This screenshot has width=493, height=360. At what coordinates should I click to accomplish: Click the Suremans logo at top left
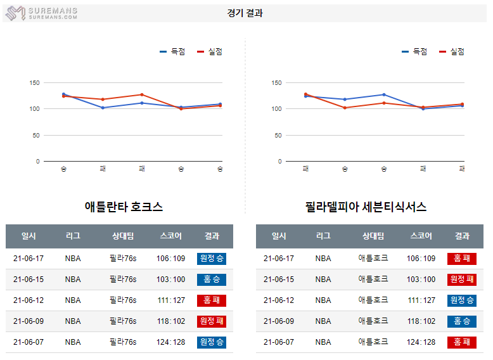pyautogui.click(x=41, y=13)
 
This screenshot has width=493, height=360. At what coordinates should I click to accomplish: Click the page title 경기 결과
pyautogui.click(x=245, y=13)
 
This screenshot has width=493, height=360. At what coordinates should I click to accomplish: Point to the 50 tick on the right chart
pyautogui.click(x=277, y=136)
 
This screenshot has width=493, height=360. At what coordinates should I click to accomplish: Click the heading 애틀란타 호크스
pyautogui.click(x=124, y=207)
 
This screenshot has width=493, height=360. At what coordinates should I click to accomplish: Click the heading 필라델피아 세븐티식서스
pyautogui.click(x=365, y=207)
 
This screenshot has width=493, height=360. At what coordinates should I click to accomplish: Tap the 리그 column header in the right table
pyautogui.click(x=323, y=236)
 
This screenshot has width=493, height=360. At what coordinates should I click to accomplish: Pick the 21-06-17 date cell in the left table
pyautogui.click(x=29, y=259)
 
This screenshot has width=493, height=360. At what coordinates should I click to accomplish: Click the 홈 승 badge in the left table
pyautogui.click(x=212, y=280)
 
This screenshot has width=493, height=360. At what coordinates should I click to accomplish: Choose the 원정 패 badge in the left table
pyautogui.click(x=212, y=321)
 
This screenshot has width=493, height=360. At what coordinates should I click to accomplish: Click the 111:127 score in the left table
pyautogui.click(x=171, y=300)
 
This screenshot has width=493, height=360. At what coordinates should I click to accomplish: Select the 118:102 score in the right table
pyautogui.click(x=421, y=321)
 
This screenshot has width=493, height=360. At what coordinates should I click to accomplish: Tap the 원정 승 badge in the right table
pyautogui.click(x=462, y=300)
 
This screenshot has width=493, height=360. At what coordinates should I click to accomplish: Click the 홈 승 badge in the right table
pyautogui.click(x=462, y=321)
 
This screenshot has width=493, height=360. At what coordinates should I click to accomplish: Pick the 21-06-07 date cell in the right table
pyautogui.click(x=279, y=342)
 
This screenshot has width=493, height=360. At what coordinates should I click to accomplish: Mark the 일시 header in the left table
pyautogui.click(x=29, y=236)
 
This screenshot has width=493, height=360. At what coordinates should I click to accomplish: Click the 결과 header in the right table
pyautogui.click(x=462, y=236)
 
